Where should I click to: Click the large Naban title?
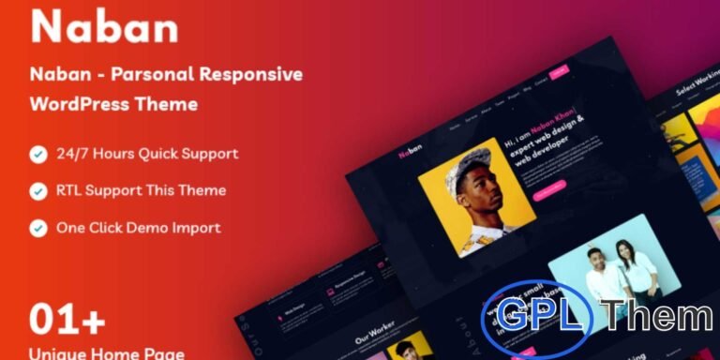(104, 27)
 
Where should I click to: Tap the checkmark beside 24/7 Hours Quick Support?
(37, 154)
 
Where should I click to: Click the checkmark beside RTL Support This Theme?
(37, 191)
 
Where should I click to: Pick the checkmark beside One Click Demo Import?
(37, 228)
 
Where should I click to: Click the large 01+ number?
(67, 321)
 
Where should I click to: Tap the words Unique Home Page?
(106, 354)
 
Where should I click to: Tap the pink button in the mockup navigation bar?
(559, 71)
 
